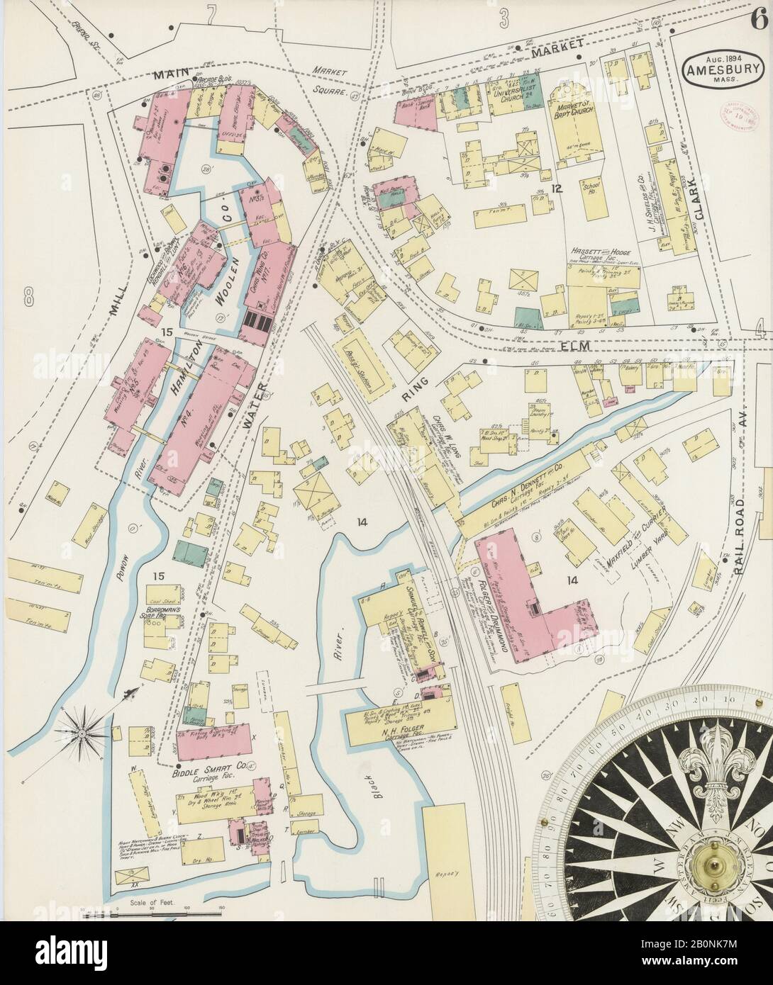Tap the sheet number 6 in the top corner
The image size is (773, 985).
[x=760, y=18]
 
